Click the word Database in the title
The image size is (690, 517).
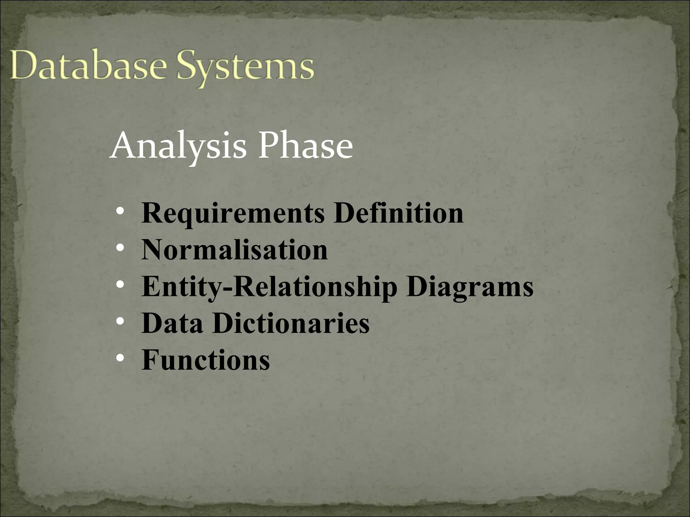(x=88, y=67)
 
